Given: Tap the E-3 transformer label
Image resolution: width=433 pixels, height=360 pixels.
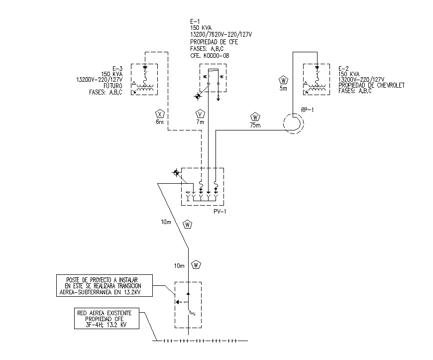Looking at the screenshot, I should pyautogui.click(x=117, y=68).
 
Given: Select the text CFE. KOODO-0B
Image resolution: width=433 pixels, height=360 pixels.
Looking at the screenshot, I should pyautogui.click(x=210, y=56).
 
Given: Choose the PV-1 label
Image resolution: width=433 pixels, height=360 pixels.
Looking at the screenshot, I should pyautogui.click(x=219, y=212).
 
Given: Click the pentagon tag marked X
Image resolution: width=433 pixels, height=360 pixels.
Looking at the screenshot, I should pyautogui.click(x=160, y=113).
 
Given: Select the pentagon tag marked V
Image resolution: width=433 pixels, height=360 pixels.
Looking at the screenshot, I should pyautogui.click(x=201, y=113).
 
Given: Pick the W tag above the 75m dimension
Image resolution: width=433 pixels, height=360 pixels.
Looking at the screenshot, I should pyautogui.click(x=255, y=118).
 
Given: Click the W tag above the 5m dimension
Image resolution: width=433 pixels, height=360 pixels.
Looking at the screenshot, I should pyautogui.click(x=283, y=80).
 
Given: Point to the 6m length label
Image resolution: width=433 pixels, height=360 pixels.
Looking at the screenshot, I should pyautogui.click(x=159, y=122).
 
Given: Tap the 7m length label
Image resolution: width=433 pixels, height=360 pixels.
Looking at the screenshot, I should pyautogui.click(x=200, y=122).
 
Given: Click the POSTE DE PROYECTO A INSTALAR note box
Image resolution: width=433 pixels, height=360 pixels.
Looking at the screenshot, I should pyautogui.click(x=103, y=286).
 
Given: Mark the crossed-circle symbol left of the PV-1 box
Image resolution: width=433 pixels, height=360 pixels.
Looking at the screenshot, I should pyautogui.click(x=176, y=173).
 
